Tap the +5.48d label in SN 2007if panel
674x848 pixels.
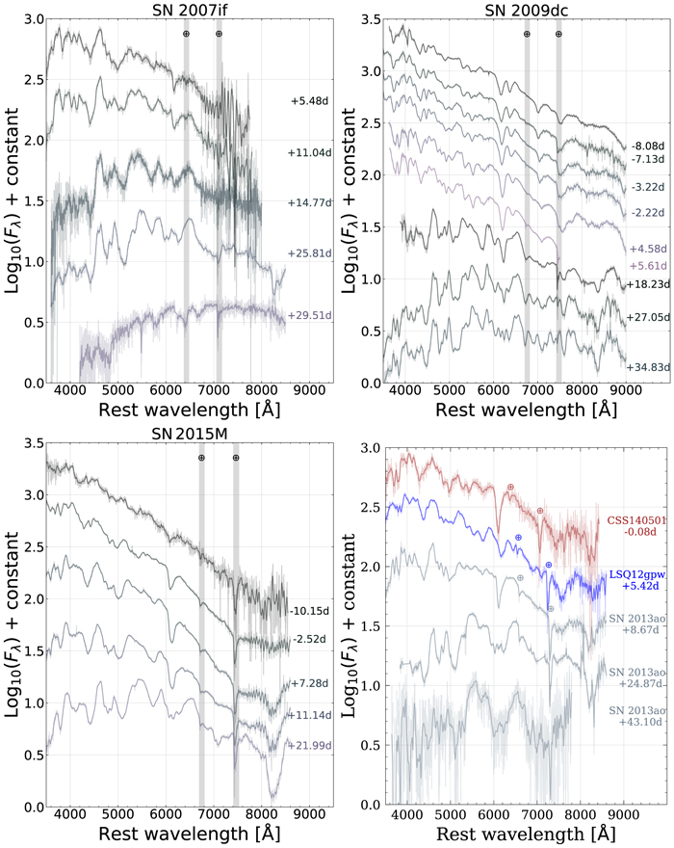pyautogui.click(x=312, y=99)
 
